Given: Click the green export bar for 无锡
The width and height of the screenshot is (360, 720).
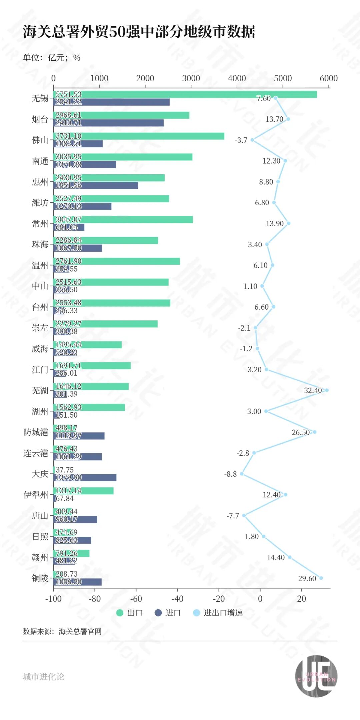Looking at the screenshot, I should click(x=185, y=94).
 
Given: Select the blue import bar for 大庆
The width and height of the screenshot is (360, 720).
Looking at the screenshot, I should click(x=85, y=478).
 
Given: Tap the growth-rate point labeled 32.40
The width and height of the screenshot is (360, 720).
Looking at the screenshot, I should click(x=327, y=390).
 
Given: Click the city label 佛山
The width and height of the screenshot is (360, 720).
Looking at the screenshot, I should click(x=40, y=140).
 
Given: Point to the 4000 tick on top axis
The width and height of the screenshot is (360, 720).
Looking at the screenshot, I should click(x=237, y=79).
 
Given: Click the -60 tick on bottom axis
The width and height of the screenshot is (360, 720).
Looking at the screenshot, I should click(x=136, y=599).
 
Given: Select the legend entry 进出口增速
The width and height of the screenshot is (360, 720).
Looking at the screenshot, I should click(x=218, y=613).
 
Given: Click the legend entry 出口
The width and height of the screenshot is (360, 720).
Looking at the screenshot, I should click(x=130, y=613).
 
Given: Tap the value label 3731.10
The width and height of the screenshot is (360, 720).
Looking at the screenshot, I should click(x=68, y=136).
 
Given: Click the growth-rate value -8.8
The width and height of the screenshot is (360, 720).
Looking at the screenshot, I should click(x=230, y=474).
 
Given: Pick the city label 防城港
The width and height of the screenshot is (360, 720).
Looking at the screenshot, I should click(x=36, y=432).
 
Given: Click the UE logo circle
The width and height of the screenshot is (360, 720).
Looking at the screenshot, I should click(x=316, y=676).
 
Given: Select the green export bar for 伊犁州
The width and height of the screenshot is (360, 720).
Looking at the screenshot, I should click(x=83, y=491).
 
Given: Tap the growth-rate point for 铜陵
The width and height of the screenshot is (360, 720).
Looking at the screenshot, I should click(x=321, y=578).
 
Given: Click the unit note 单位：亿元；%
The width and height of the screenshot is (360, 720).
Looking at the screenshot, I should click(x=51, y=58).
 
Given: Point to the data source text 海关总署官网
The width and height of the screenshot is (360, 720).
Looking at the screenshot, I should click(x=80, y=631).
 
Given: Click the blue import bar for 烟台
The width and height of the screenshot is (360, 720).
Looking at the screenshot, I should click(x=108, y=123).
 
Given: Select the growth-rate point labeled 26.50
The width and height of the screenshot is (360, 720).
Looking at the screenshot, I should click(x=314, y=432).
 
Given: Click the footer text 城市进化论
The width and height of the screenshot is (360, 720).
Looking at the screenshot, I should click(x=43, y=676).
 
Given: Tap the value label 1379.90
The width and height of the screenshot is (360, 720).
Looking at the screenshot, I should click(x=68, y=478).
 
